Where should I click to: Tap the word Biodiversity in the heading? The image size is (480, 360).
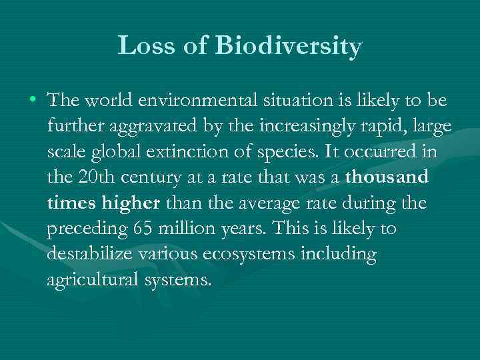288,47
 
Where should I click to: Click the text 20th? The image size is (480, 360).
91,177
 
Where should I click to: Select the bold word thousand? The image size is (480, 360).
387,177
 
